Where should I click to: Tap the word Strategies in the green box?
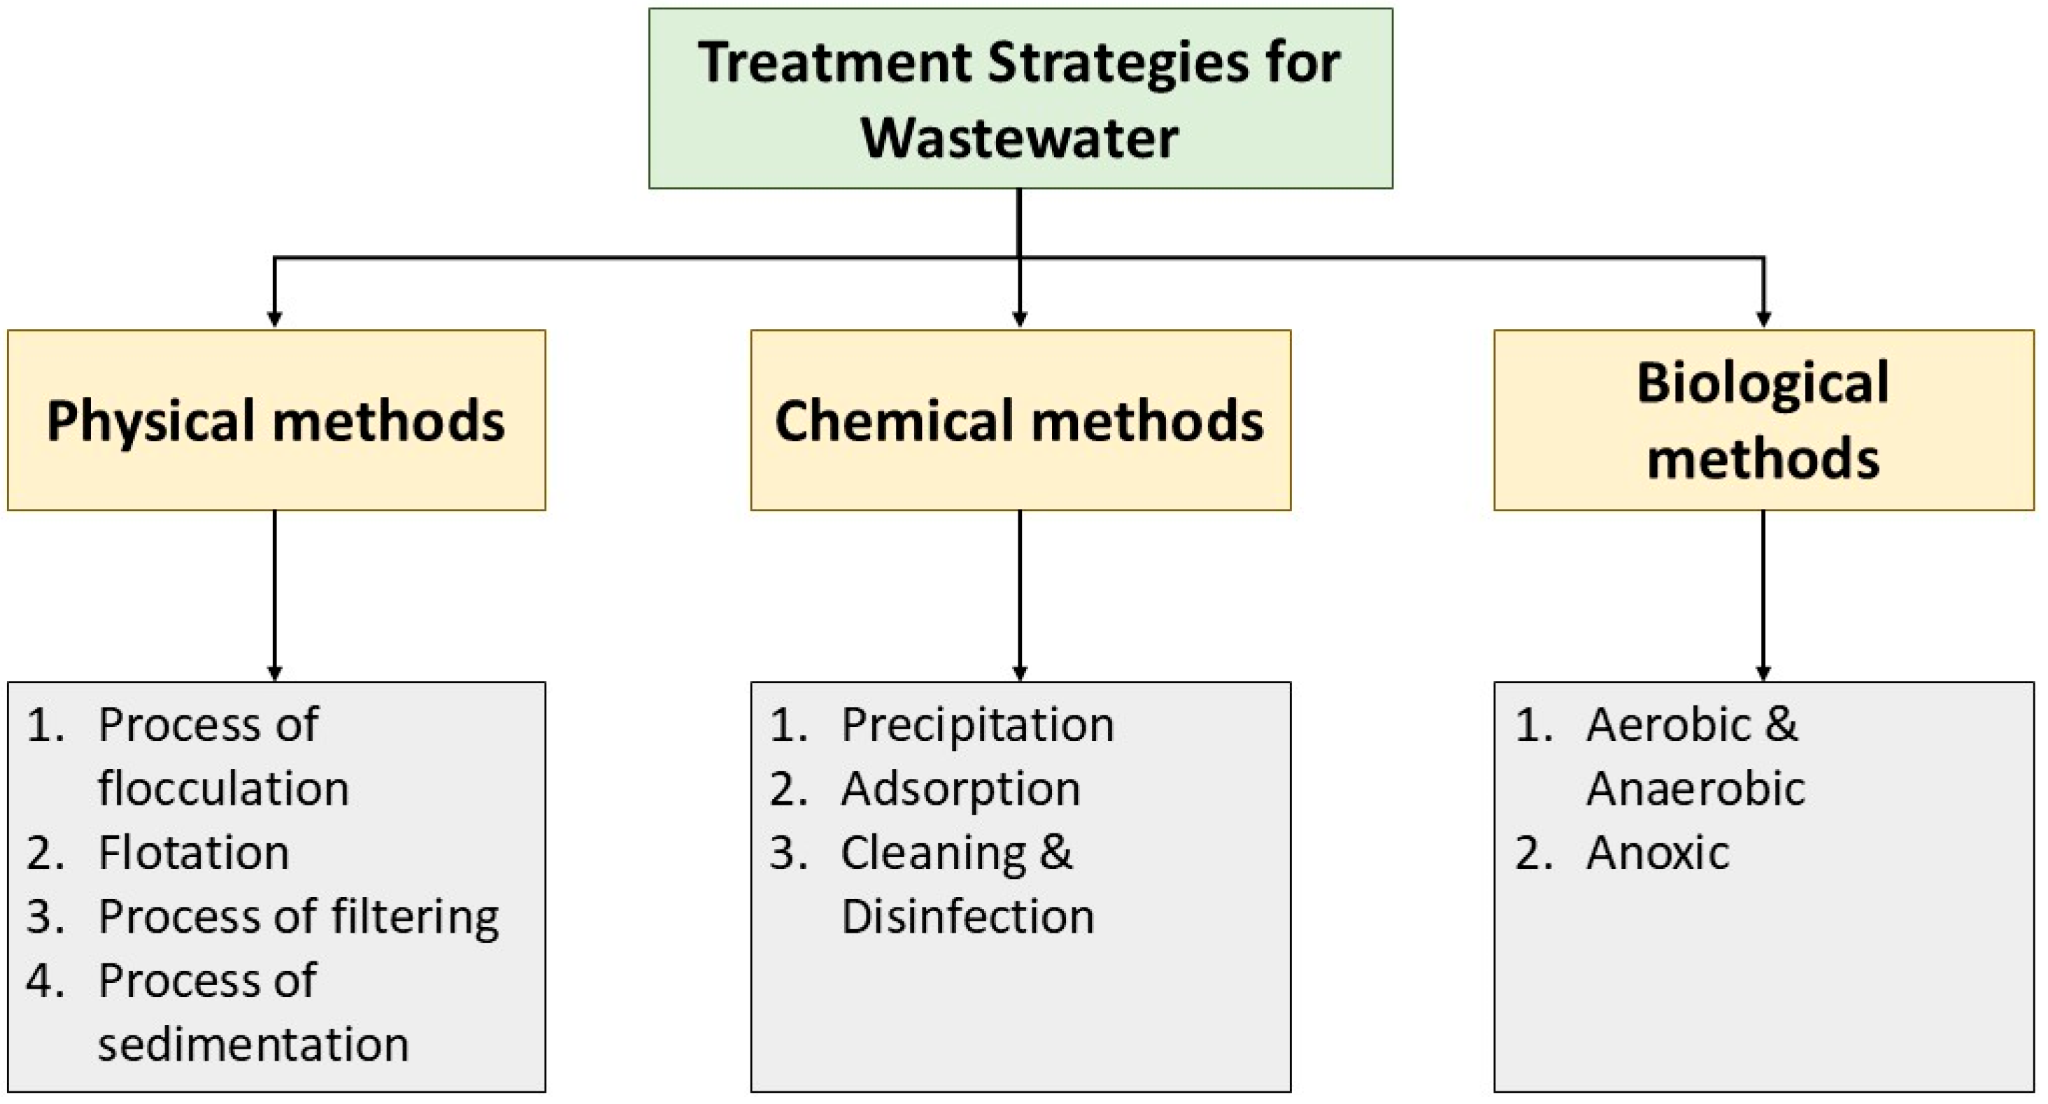(1118, 64)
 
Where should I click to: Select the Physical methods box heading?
(275, 420)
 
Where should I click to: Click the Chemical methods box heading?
(1018, 420)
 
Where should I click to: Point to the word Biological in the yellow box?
(1763, 384)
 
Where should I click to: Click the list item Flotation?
(193, 853)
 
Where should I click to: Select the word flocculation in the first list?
(223, 789)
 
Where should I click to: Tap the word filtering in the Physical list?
(414, 917)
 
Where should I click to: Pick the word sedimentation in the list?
(253, 1045)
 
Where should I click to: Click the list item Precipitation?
(977, 725)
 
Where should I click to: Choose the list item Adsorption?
(960, 789)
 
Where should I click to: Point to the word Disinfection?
(967, 917)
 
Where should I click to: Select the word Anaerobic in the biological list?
(1695, 789)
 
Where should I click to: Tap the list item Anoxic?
(1657, 853)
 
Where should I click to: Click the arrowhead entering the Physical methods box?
(274, 320)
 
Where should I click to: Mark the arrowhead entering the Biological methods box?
(1763, 320)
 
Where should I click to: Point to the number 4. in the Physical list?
(45, 981)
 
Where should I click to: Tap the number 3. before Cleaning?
(789, 853)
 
